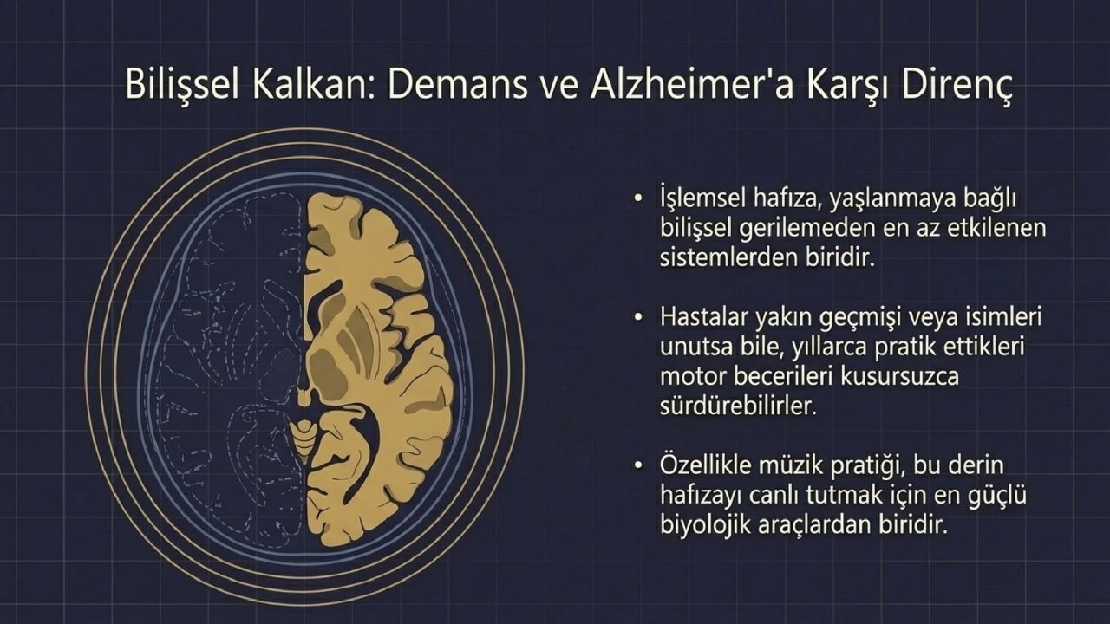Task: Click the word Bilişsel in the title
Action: pos(183,86)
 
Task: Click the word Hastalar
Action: pos(703,317)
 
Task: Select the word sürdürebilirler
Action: pos(738,406)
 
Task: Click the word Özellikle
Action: pos(703,465)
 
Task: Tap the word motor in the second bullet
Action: pos(691,377)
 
